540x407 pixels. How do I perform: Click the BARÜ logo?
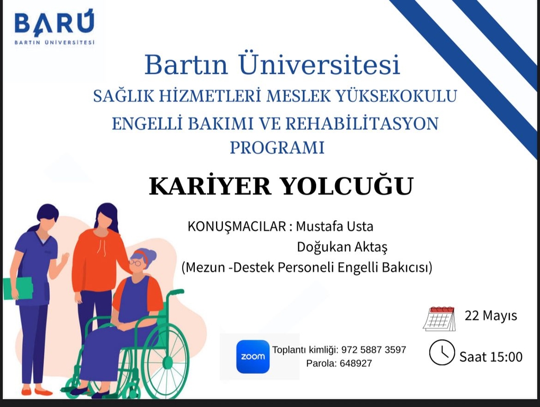click(x=55, y=28)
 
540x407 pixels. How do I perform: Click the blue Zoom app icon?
click(x=253, y=357)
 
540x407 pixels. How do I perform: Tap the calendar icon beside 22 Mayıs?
click(x=439, y=318)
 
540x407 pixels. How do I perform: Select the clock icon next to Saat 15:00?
click(x=442, y=352)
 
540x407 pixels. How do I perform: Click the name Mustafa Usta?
click(x=335, y=226)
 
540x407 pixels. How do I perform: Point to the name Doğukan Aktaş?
click(x=342, y=247)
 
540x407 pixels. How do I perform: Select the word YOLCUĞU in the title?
click(x=347, y=186)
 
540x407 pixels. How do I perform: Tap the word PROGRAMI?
click(x=277, y=147)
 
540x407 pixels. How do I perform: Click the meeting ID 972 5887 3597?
click(x=374, y=350)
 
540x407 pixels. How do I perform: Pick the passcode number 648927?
click(x=356, y=363)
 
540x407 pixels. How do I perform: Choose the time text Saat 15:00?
click(x=491, y=357)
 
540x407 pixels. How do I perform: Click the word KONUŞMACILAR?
click(x=237, y=227)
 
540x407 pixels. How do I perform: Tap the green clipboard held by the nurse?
click(x=18, y=288)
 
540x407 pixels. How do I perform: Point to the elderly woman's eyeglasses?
click(x=135, y=263)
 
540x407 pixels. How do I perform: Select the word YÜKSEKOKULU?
click(x=397, y=95)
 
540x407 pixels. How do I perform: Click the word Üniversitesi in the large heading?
click(x=319, y=64)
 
